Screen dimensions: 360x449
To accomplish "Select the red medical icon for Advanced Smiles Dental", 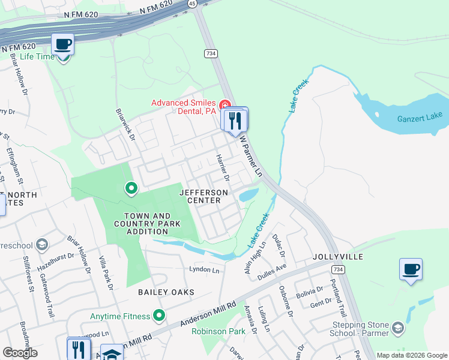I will [x=225, y=105].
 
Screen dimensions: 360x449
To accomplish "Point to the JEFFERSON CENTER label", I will [x=203, y=196].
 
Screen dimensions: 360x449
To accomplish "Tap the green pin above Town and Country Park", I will [x=131, y=189].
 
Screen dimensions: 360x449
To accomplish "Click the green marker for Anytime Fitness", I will [x=159, y=314].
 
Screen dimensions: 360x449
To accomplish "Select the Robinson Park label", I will [x=219, y=331].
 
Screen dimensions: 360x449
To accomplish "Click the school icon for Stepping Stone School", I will [x=397, y=328].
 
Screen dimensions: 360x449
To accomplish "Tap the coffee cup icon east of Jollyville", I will [x=411, y=269].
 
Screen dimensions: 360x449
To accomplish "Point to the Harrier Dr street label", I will [x=223, y=167].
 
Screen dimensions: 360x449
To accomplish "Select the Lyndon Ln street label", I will [x=205, y=270].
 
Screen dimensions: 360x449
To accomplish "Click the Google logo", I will [x=20, y=353].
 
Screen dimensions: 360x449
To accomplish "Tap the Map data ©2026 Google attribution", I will [x=412, y=355].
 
